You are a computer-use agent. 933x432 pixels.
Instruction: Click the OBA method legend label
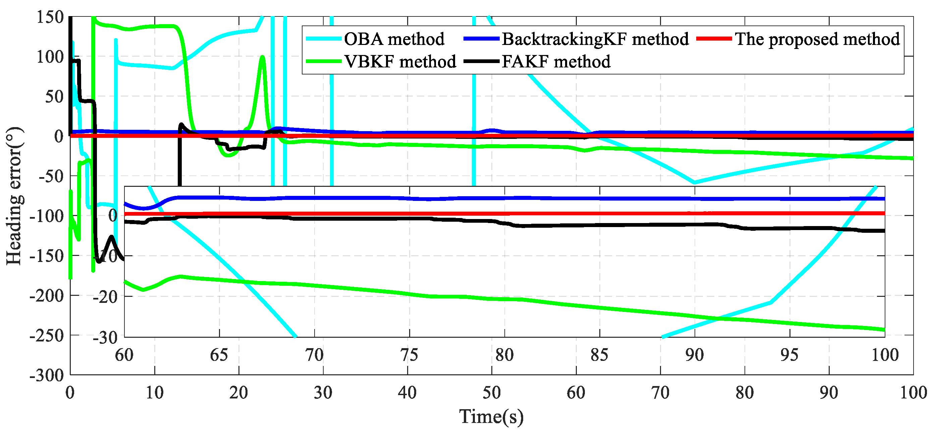coord(394,39)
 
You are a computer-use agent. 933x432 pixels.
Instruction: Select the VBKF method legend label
coord(400,62)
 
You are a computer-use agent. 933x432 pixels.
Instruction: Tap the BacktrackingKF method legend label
coord(595,39)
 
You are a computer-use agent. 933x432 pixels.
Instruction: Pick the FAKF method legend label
coord(556,62)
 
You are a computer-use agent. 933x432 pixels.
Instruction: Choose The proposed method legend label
coord(817,39)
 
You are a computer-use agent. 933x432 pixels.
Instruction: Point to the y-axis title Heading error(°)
coord(14,196)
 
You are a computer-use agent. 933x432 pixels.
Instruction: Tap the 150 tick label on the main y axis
coord(50,17)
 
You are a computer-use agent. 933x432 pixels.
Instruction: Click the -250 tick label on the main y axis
coord(47,336)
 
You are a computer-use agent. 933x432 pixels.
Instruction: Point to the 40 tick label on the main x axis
coord(407,393)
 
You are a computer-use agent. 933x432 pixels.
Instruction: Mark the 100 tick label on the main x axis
coord(913,393)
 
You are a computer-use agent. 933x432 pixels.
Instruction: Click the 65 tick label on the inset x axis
coord(219,355)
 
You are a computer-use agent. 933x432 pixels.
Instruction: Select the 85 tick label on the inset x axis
coord(599,355)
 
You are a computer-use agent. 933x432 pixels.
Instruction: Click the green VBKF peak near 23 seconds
coord(262,57)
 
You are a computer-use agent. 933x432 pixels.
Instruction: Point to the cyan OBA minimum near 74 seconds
coord(694,183)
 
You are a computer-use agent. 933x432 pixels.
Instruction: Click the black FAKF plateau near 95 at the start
coord(75,61)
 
